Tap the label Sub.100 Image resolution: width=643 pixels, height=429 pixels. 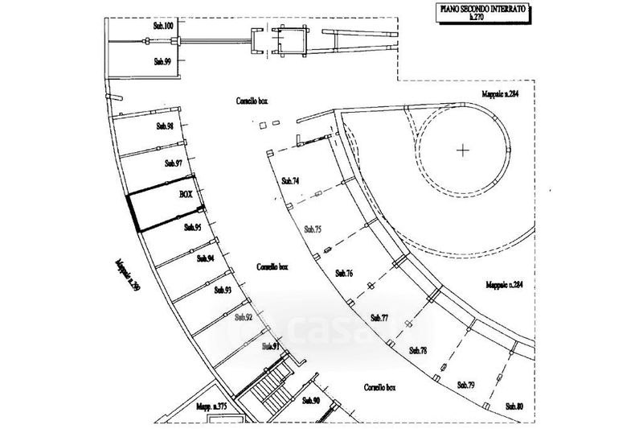pyautogui.click(x=163, y=27)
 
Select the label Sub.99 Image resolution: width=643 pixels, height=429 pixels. pyautogui.click(x=162, y=61)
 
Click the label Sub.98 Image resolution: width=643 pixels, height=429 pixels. pyautogui.click(x=166, y=126)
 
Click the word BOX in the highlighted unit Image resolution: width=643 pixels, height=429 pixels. pyautogui.click(x=186, y=196)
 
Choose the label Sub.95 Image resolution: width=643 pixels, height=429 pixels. pyautogui.click(x=192, y=228)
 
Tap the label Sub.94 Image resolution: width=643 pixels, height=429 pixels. pyautogui.click(x=206, y=259)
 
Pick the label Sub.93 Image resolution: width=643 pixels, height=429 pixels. pyautogui.click(x=223, y=290)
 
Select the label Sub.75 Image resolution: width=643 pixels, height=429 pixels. pyautogui.click(x=313, y=229)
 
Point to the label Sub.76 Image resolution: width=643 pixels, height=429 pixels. pyautogui.click(x=344, y=274)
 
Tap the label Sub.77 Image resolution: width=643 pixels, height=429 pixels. pyautogui.click(x=380, y=318)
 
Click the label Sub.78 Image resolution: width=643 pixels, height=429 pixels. pyautogui.click(x=418, y=350)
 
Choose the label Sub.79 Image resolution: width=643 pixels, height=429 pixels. pyautogui.click(x=465, y=386)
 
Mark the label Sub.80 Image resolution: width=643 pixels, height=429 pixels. pyautogui.click(x=514, y=406)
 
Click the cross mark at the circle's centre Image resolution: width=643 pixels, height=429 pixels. pyautogui.click(x=463, y=149)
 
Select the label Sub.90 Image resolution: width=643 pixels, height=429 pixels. pyautogui.click(x=311, y=401)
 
